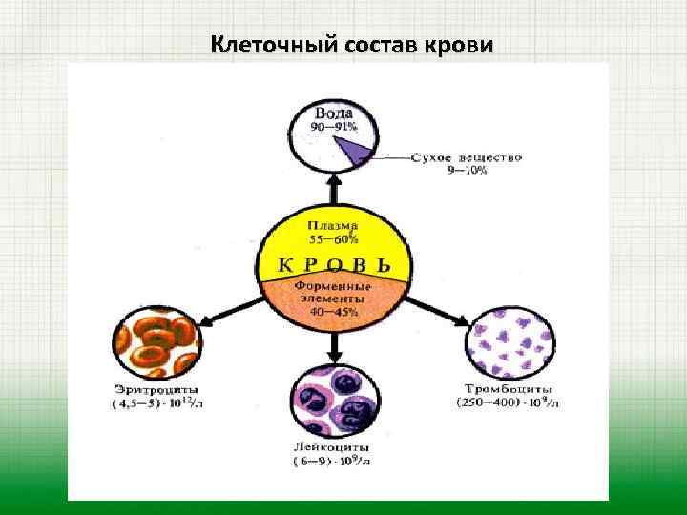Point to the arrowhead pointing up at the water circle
point(333,179)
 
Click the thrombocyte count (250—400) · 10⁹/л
point(507,403)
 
